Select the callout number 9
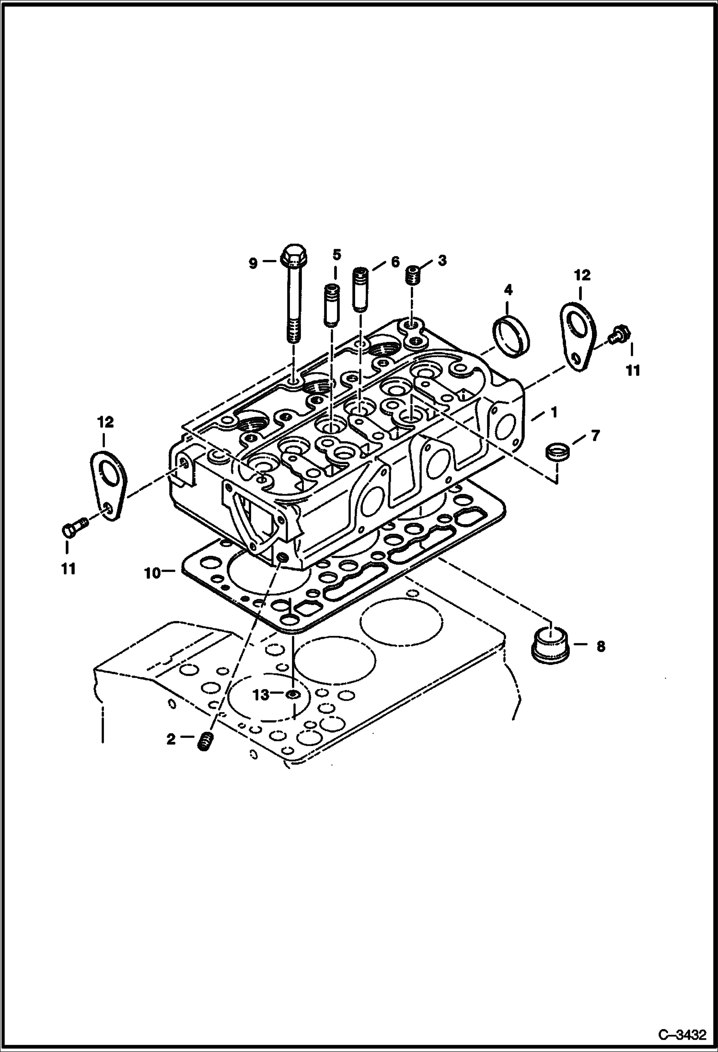(253, 263)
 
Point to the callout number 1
(554, 412)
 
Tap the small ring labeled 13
(293, 694)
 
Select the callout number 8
(601, 646)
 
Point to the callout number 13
(261, 694)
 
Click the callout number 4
(508, 289)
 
